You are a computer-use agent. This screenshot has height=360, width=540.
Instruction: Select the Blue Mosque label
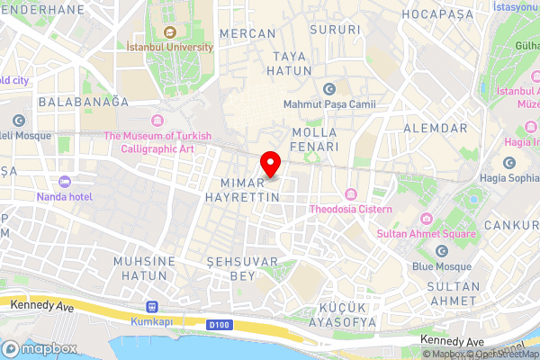click(441, 266)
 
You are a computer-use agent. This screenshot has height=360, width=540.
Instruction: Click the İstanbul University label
click(170, 46)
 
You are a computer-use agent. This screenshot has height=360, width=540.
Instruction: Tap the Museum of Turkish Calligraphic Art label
click(157, 142)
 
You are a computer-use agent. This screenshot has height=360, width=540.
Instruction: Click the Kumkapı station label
click(150, 320)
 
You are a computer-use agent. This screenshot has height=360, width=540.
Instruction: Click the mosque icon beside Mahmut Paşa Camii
click(328, 88)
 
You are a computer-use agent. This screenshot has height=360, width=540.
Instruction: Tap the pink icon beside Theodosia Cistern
click(351, 194)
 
